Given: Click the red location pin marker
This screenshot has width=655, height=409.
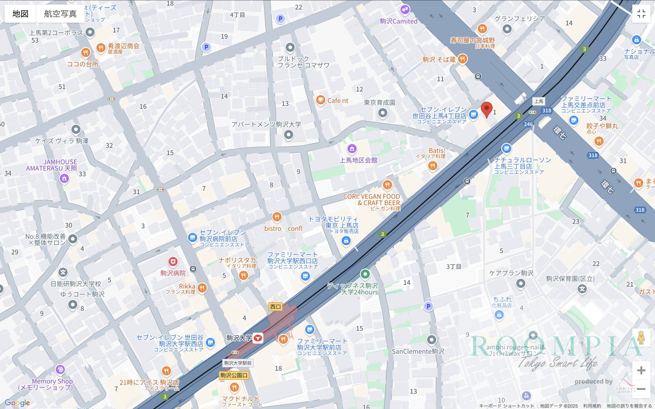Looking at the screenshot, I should click(x=486, y=109).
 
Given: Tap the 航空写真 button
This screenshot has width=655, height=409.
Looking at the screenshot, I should click(x=60, y=14).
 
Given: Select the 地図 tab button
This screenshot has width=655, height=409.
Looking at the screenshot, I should click(x=20, y=14).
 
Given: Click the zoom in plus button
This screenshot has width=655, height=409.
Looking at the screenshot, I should click(x=641, y=370).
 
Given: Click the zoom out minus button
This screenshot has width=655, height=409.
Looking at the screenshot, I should click(x=641, y=389).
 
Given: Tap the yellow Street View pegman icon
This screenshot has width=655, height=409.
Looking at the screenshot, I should click(x=641, y=337).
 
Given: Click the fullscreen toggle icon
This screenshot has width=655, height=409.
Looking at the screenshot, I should click(x=641, y=14).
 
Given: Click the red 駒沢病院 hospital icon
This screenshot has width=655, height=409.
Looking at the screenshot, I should click(x=173, y=262).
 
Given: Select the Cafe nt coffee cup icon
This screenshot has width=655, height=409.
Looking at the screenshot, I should click(x=320, y=100).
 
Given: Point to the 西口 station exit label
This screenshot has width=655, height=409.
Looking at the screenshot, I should click(x=275, y=307).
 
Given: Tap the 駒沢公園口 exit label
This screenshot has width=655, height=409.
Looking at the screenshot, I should click(x=234, y=375).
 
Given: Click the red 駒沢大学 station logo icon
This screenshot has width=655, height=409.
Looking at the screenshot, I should click(x=258, y=338).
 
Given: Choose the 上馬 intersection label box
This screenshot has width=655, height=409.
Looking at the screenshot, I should click(x=539, y=101).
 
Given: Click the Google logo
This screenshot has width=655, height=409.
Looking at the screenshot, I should click(x=17, y=403).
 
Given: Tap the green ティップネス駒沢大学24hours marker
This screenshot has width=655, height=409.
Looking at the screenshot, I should click(x=365, y=274).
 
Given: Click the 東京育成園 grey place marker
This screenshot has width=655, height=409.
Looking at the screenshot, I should click(x=383, y=112).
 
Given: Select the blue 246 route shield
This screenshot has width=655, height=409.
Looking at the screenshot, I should click(x=528, y=124).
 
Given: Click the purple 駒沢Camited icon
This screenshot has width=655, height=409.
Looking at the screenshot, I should click(x=405, y=10).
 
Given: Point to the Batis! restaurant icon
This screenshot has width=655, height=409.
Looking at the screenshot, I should click(x=433, y=166).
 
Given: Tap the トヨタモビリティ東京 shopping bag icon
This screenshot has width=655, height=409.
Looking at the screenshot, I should click(x=346, y=241).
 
